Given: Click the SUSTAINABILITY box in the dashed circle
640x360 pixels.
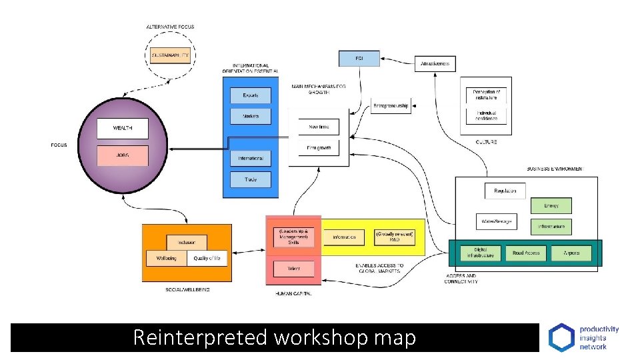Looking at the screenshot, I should [x=170, y=54].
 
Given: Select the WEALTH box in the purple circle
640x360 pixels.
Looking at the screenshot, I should [x=122, y=128].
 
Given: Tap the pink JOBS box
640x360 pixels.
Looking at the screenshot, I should [x=122, y=155].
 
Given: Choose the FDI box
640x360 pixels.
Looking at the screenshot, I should [x=359, y=59].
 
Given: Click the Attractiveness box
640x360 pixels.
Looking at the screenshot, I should [x=435, y=64].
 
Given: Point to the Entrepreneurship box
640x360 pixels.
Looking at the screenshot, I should [x=391, y=105].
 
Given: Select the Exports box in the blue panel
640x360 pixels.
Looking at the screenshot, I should [x=251, y=95].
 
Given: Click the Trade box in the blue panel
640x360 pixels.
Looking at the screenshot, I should [x=251, y=179].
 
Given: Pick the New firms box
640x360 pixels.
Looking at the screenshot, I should [x=319, y=127].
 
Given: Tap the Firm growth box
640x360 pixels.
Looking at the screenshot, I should [x=319, y=147].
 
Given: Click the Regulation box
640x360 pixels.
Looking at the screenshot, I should [x=505, y=191].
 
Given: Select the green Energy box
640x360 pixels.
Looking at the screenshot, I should [x=551, y=205].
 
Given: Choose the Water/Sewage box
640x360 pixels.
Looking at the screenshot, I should [x=495, y=221].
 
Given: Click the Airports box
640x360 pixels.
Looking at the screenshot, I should [x=571, y=253].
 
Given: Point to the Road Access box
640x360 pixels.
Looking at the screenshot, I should [x=526, y=253].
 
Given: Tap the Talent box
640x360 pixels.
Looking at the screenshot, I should [x=293, y=269].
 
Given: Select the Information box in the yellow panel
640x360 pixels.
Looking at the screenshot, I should [x=344, y=237].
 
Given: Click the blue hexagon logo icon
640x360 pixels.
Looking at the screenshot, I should [x=560, y=337].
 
